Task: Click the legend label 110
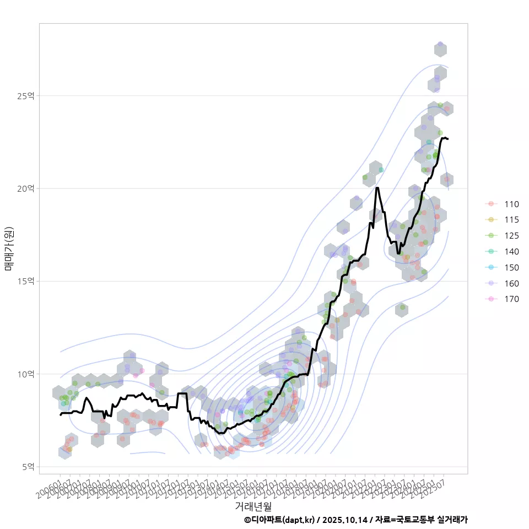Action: pyautogui.click(x=511, y=204)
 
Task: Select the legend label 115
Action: pyautogui.click(x=511, y=220)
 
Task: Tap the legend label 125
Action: pyautogui.click(x=511, y=236)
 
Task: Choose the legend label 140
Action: pyautogui.click(x=511, y=252)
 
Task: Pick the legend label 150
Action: pyautogui.click(x=511, y=267)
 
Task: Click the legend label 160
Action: pyautogui.click(x=511, y=283)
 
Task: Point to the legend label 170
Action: pyautogui.click(x=511, y=299)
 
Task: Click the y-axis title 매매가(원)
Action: pyautogui.click(x=9, y=249)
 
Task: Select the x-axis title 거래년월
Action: pyautogui.click(x=253, y=505)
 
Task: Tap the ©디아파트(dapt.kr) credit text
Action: pyautogui.click(x=279, y=520)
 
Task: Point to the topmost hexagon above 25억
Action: pyautogui.click(x=440, y=49)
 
